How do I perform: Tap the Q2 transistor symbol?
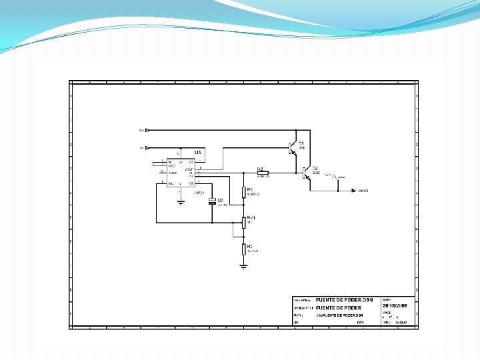click(x=306, y=173)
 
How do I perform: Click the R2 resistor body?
click(x=262, y=173)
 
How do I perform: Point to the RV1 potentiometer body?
click(x=243, y=221)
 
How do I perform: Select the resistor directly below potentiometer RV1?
click(x=243, y=249)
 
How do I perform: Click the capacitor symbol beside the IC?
click(x=213, y=201)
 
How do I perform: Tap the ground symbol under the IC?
click(x=180, y=201)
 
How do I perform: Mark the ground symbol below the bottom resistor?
click(x=243, y=266)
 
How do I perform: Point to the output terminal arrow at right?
click(x=353, y=191)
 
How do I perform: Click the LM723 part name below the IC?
click(x=199, y=193)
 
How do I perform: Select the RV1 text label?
click(x=251, y=217)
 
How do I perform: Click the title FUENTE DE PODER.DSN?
click(x=344, y=300)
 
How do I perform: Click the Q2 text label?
click(x=315, y=168)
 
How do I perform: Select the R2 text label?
click(x=261, y=169)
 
